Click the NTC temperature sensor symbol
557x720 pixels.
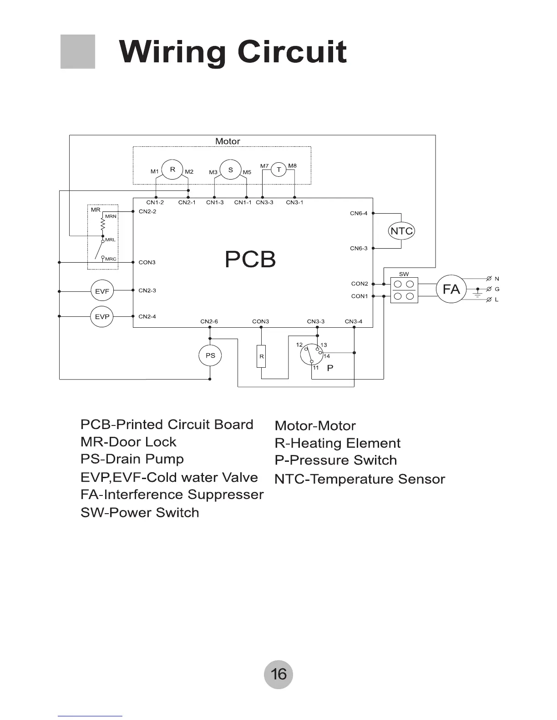pyautogui.click(x=401, y=231)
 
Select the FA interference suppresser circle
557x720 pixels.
pyautogui.click(x=451, y=289)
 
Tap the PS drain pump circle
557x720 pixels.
pyautogui.click(x=210, y=355)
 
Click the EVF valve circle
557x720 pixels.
pyautogui.click(x=102, y=291)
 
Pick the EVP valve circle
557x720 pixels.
pyautogui.click(x=102, y=316)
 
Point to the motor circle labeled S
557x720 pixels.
pyautogui.click(x=231, y=170)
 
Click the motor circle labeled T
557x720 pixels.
pyautogui.click(x=278, y=170)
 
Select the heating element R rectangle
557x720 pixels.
pyautogui.click(x=262, y=356)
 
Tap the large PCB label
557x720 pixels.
pyautogui.click(x=250, y=259)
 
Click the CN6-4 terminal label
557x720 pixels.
pyautogui.click(x=359, y=213)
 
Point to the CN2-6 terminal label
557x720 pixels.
pyautogui.click(x=209, y=321)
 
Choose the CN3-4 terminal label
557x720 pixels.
pyautogui.click(x=354, y=321)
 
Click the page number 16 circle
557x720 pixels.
pyautogui.click(x=278, y=674)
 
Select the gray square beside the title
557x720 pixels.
pyautogui.click(x=78, y=51)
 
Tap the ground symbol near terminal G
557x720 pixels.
pyautogui.click(x=477, y=295)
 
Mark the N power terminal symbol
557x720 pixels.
pyautogui.click(x=489, y=278)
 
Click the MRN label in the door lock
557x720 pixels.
pyautogui.click(x=111, y=216)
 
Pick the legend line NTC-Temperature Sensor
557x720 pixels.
pyautogui.click(x=360, y=479)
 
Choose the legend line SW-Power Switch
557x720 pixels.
pyautogui.click(x=140, y=513)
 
